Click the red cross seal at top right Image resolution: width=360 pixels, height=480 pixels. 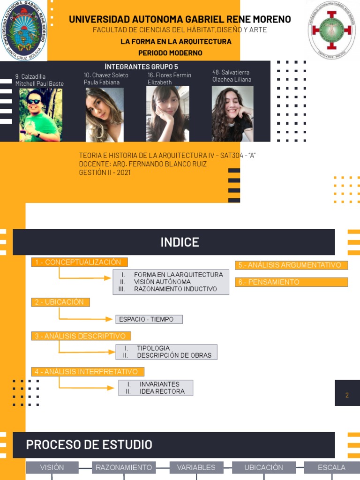coord(331,30)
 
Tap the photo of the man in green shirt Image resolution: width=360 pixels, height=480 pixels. coord(40,115)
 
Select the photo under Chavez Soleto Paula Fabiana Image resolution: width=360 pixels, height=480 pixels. coord(104,115)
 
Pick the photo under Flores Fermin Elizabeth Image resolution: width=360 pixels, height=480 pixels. coord(167,114)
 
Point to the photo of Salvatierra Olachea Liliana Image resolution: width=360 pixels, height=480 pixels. coord(232,114)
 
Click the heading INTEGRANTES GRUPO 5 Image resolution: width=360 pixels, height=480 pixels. coord(141,67)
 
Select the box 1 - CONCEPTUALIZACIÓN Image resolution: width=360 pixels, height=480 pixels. coord(79,262)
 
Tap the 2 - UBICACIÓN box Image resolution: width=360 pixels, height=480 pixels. coord(60,302)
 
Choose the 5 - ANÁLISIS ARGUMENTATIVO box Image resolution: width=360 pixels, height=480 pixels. coord(291,265)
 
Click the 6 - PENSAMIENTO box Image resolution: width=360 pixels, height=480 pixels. coord(291,282)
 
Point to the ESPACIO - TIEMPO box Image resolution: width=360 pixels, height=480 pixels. coord(149,319)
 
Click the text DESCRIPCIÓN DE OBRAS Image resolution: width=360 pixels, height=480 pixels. coord(174,355)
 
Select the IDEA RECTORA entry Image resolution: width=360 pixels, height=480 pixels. coord(162,391)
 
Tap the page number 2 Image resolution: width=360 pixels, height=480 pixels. coord(347,395)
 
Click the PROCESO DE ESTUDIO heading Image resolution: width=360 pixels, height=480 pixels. coord(89,445)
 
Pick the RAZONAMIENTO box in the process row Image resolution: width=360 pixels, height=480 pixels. coord(124,467)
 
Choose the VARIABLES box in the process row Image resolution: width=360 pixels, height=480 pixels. coord(196,467)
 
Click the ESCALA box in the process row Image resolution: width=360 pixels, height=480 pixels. coord(331,467)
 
